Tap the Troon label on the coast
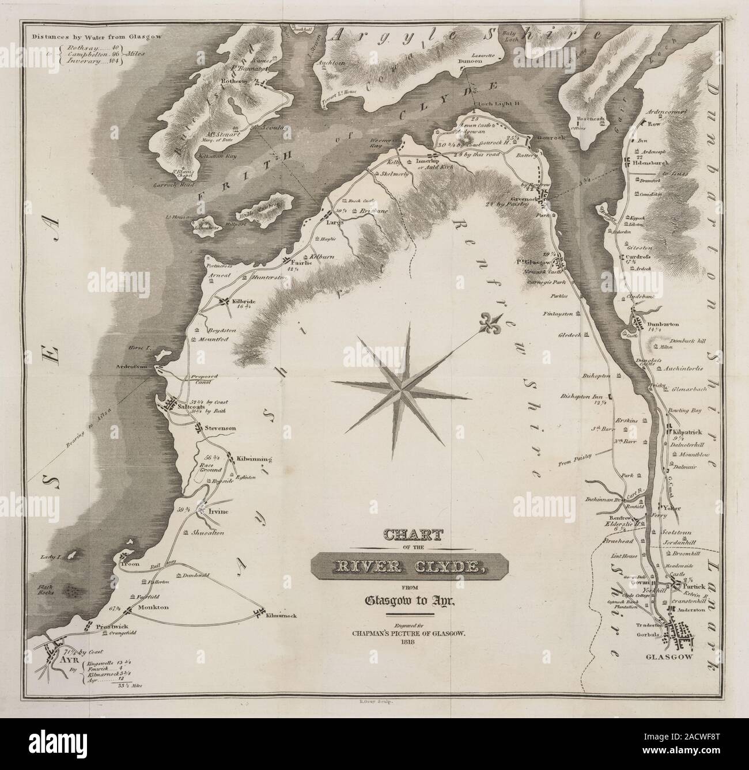pyautogui.click(x=130, y=564)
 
